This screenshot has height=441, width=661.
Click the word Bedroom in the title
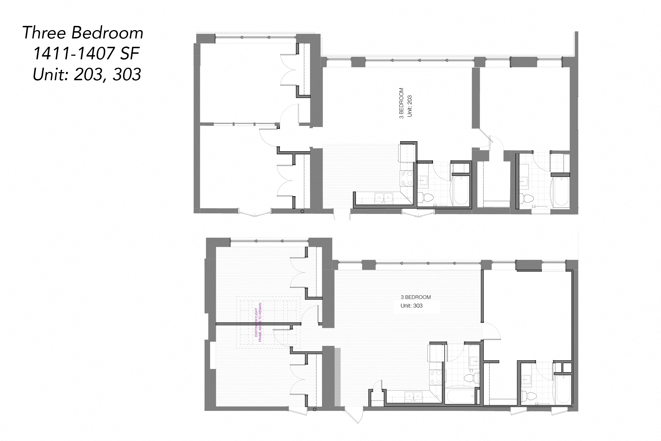107,33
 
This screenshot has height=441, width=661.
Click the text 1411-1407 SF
86,53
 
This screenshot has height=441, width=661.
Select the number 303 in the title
127,75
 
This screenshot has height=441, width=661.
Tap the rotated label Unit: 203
410,106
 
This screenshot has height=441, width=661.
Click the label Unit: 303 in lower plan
411,306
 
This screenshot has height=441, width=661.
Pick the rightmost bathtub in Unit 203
561,191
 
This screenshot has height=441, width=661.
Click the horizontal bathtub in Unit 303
460,396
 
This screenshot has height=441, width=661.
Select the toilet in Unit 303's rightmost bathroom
529,396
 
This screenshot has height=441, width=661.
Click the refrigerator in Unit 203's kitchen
406,153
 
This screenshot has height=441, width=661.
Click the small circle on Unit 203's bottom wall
302,211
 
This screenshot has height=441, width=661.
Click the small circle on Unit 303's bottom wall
314,409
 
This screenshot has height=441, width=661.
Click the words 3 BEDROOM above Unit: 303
416,297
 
